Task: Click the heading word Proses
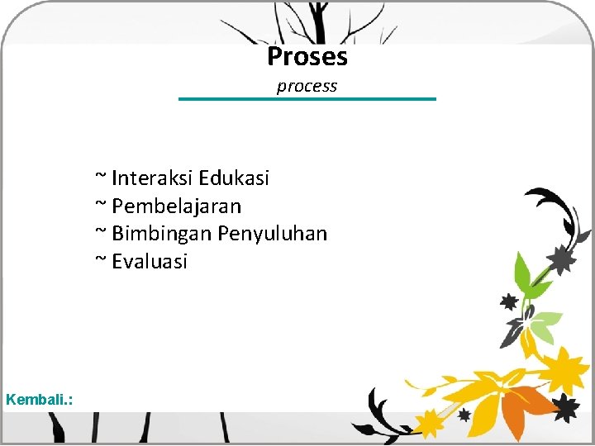pyautogui.click(x=307, y=57)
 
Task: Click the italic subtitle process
pyautogui.click(x=307, y=86)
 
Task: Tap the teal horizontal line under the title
pyautogui.click(x=307, y=99)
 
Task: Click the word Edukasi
pyautogui.click(x=234, y=178)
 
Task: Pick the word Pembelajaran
pyautogui.click(x=177, y=206)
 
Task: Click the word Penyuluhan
pyautogui.click(x=273, y=234)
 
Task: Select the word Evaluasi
pyautogui.click(x=150, y=262)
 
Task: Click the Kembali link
pyautogui.click(x=39, y=400)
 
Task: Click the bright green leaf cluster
pyautogui.click(x=529, y=281)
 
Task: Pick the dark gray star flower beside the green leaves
pyautogui.click(x=564, y=259)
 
